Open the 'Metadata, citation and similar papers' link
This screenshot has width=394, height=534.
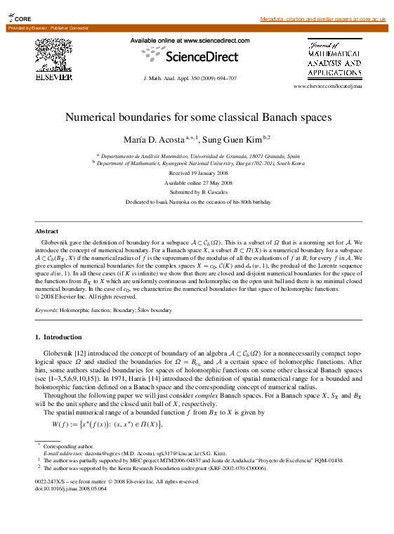(x=322, y=18)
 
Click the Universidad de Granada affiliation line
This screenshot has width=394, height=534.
(x=198, y=155)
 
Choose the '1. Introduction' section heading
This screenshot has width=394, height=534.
(x=58, y=337)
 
